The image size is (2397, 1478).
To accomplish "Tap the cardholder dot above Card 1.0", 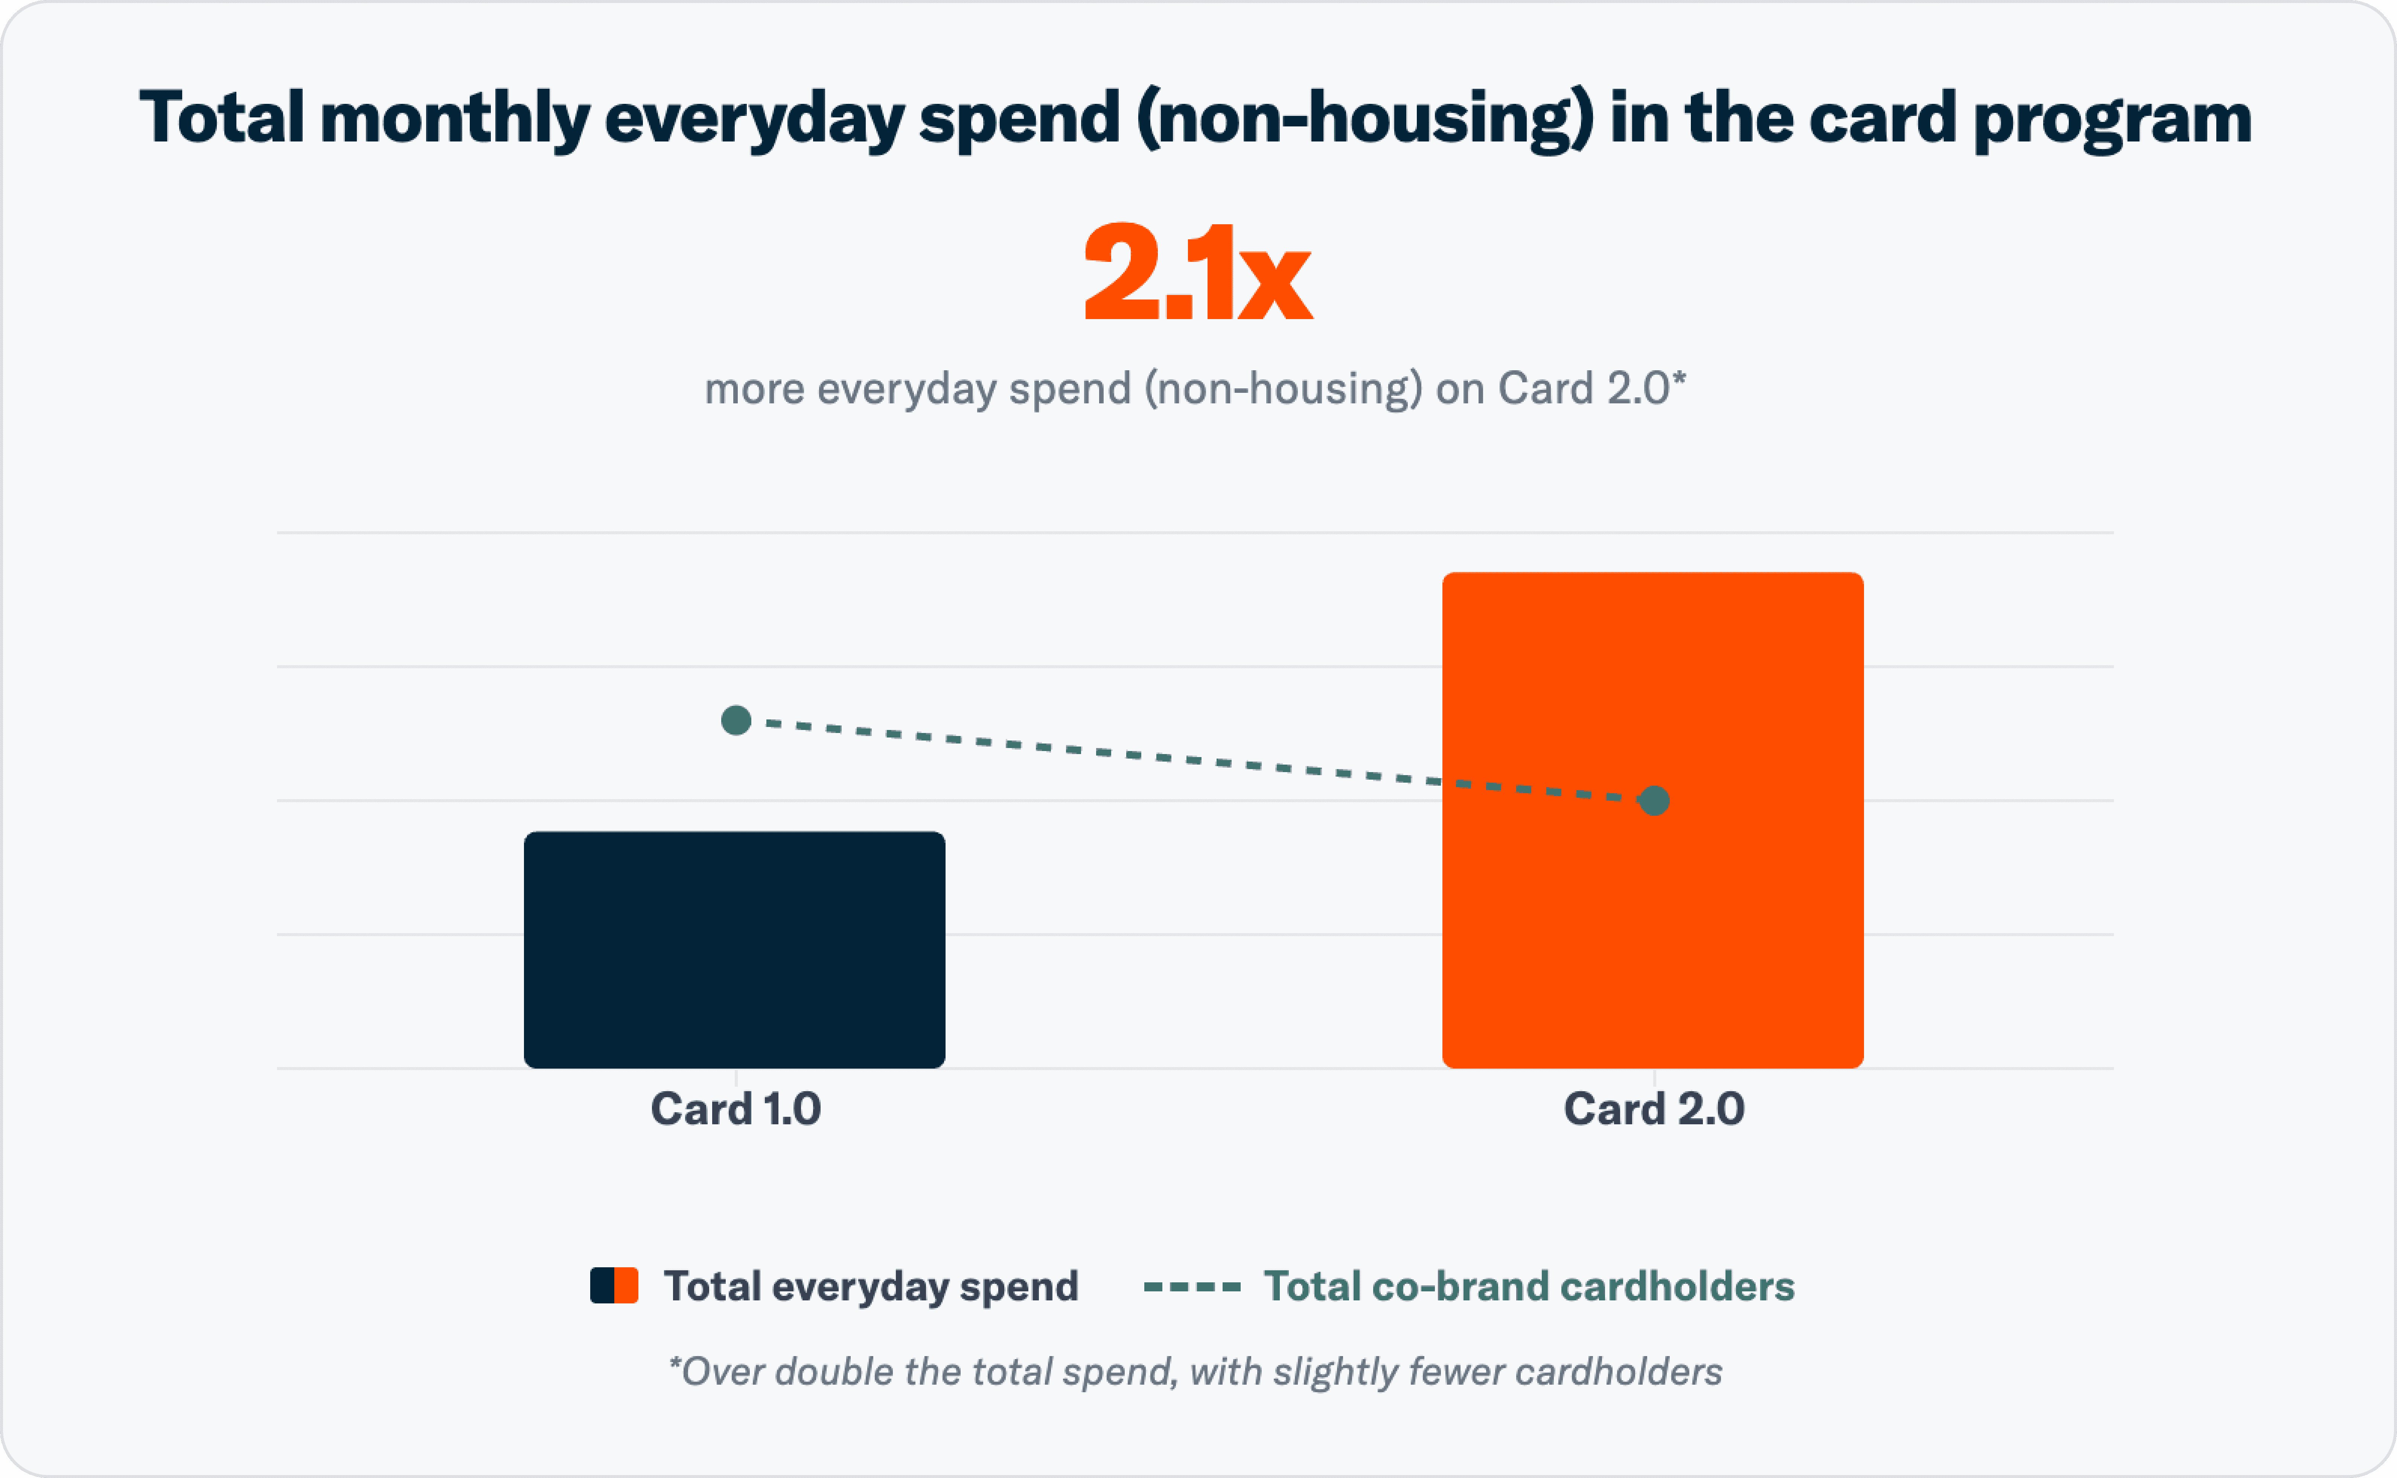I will [x=736, y=721].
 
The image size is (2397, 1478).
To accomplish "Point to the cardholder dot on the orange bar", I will [x=1654, y=801].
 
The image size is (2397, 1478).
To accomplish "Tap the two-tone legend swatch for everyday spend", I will [x=614, y=1285].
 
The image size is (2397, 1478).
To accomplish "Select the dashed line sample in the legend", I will [x=1192, y=1286].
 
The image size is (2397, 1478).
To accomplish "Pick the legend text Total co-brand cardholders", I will [x=1529, y=1286].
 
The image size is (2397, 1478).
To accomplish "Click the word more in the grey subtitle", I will [x=754, y=389].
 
